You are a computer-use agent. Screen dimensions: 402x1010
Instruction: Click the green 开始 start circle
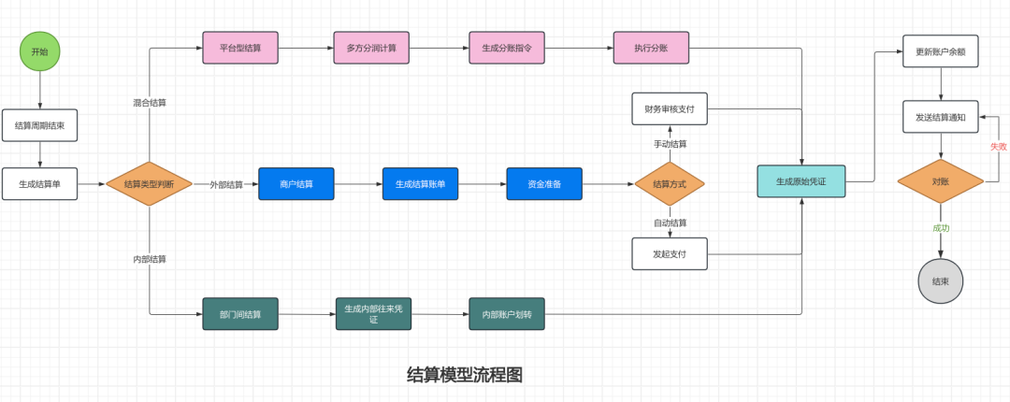click(x=39, y=51)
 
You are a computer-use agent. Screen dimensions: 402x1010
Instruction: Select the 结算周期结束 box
click(x=39, y=125)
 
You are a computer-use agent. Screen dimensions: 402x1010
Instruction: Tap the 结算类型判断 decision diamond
click(x=149, y=184)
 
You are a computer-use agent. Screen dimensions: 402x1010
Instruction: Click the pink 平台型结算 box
click(x=240, y=48)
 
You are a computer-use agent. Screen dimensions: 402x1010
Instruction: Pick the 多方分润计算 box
click(x=371, y=48)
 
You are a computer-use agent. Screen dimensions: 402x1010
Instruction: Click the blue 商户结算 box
click(x=296, y=184)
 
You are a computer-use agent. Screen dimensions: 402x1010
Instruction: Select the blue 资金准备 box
click(x=544, y=184)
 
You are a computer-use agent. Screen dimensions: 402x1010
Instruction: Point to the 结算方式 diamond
click(x=669, y=184)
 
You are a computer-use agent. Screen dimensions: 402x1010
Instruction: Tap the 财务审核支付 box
click(x=670, y=108)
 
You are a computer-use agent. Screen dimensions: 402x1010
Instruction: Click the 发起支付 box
click(x=670, y=253)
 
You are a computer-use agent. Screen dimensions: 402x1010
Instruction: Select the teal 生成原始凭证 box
click(x=801, y=181)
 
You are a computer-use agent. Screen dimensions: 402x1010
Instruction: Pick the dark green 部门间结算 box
click(x=240, y=314)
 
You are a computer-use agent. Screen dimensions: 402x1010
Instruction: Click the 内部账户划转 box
click(x=507, y=314)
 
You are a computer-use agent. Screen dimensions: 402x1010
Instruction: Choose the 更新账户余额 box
click(x=940, y=51)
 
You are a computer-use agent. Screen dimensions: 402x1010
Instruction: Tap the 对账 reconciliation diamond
click(x=940, y=181)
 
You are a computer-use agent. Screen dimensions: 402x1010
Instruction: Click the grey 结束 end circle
click(x=940, y=281)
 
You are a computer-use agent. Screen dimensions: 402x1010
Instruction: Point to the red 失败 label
click(x=999, y=147)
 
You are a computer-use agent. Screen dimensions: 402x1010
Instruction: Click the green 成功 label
click(x=940, y=228)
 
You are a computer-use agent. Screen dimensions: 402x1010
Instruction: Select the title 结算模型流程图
click(x=465, y=375)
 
